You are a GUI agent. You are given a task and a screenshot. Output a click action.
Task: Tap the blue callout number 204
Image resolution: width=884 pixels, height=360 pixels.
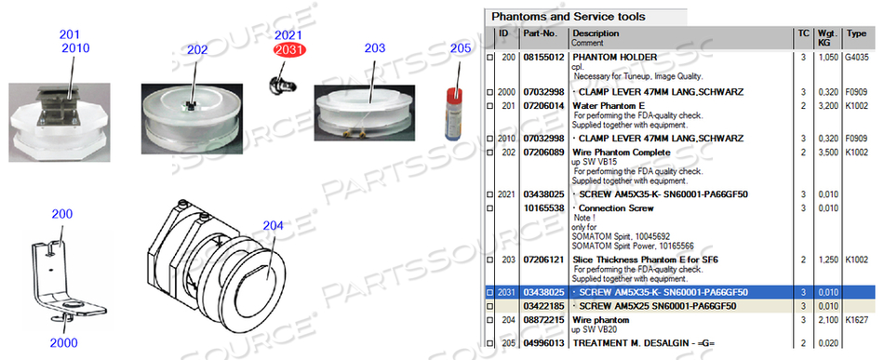(273, 224)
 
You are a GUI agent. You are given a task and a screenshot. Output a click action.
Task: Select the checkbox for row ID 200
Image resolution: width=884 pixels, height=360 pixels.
(490, 58)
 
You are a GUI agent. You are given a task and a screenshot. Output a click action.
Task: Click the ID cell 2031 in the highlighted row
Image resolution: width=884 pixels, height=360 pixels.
(506, 292)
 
